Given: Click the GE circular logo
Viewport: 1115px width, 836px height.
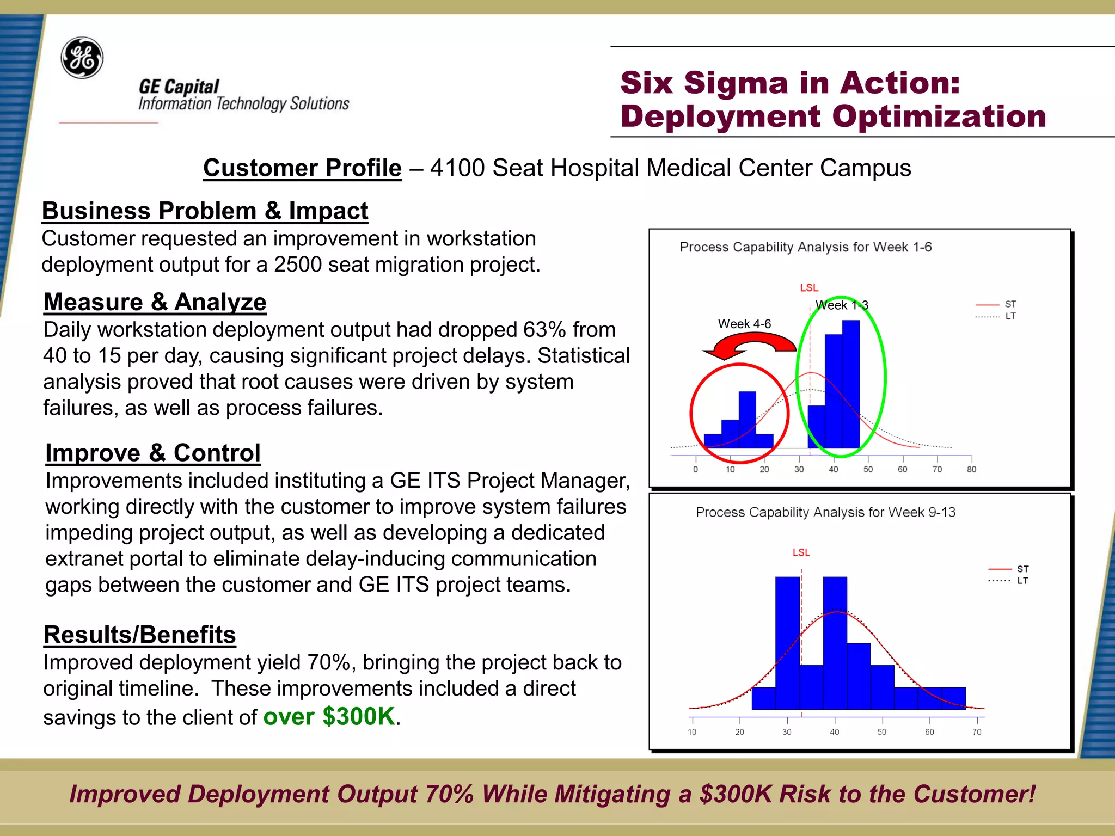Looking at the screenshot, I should click(82, 58).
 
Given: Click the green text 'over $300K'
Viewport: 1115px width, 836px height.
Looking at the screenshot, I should click(329, 716).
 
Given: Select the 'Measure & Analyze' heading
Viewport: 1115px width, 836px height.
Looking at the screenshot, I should click(155, 302).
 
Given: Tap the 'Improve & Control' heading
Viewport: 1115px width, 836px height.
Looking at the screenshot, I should click(153, 453).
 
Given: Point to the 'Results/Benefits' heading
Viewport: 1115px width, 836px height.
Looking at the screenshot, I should click(139, 635).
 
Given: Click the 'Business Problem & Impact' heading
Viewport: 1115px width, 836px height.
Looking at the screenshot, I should click(205, 211).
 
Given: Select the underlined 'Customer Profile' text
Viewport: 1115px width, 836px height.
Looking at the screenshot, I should click(302, 168).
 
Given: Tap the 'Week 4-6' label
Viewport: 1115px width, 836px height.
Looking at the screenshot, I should click(744, 324).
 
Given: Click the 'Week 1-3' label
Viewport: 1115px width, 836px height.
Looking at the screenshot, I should click(842, 305).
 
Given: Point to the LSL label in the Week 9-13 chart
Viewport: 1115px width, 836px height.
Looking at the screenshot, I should click(801, 552).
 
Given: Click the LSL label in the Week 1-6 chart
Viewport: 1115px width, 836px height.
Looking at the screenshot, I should click(809, 287).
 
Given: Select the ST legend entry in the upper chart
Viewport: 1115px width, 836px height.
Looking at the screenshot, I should click(1010, 304).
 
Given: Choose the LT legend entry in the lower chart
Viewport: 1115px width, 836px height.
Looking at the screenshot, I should click(1022, 581).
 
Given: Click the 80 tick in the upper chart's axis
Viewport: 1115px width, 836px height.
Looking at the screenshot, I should click(971, 469).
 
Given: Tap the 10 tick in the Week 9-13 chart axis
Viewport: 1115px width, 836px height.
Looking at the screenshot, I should click(692, 732).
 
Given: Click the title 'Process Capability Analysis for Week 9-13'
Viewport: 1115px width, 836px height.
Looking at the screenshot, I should click(825, 512).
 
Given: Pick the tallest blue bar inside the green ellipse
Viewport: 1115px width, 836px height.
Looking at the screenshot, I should click(851, 384).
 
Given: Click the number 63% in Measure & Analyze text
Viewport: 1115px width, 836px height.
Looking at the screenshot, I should click(544, 330).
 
